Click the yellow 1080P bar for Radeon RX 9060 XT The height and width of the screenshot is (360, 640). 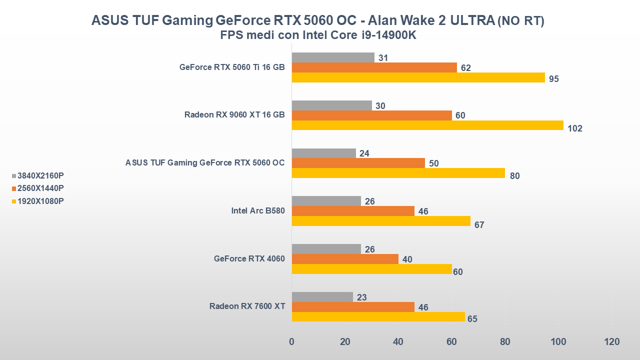(x=427, y=125)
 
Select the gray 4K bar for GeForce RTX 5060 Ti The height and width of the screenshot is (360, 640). (x=333, y=57)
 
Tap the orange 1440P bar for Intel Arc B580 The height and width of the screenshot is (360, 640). (x=353, y=211)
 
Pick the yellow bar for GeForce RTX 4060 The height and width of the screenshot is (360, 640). (x=371, y=269)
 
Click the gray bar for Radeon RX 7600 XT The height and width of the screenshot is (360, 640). (x=322, y=297)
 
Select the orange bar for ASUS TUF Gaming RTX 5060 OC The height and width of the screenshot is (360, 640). (x=358, y=163)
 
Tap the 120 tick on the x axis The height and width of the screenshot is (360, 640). (x=611, y=342)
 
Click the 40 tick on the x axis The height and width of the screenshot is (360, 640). (x=398, y=342)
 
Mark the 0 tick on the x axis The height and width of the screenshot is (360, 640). (x=291, y=342)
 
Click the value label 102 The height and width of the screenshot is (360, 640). (x=575, y=128)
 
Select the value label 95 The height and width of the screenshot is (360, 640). (x=553, y=79)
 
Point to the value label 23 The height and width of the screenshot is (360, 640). (x=362, y=297)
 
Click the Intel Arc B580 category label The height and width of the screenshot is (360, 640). (x=258, y=211)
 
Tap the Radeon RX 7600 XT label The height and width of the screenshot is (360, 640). (x=247, y=306)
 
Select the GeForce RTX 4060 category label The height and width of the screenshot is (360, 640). (x=249, y=259)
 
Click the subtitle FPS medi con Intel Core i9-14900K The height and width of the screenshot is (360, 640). (x=318, y=35)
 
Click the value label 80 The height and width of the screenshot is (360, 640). (x=515, y=176)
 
